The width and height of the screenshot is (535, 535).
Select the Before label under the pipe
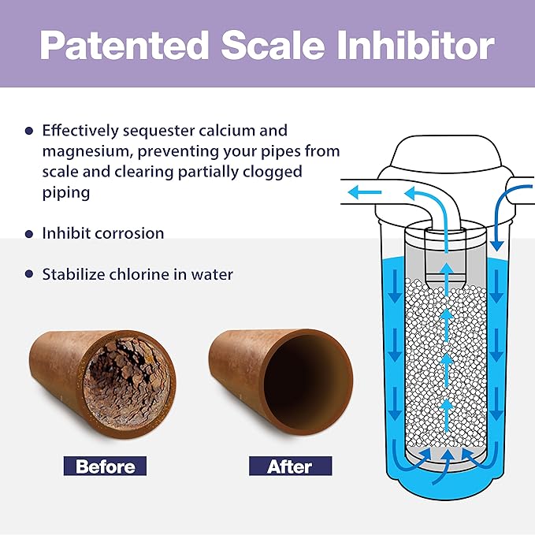point(106,466)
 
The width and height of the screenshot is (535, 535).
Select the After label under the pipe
point(291,466)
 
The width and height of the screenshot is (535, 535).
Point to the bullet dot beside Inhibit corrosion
point(29,234)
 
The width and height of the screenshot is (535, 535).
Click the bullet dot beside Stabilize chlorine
point(29,275)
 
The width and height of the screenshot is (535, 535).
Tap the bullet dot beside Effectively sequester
point(29,131)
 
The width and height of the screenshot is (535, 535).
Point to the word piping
point(65,192)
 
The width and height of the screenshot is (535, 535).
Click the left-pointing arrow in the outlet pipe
point(364,191)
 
